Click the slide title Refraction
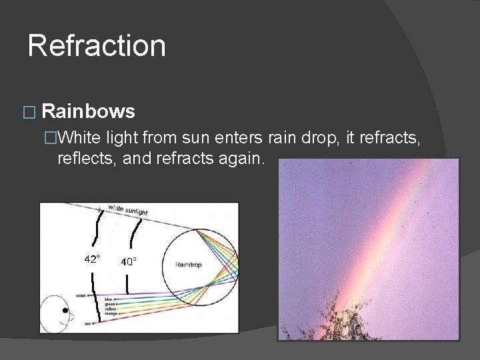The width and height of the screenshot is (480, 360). click(97, 46)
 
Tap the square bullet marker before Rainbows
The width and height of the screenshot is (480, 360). click(27, 112)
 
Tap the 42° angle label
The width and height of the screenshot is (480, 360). click(92, 259)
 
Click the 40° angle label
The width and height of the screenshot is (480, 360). click(129, 261)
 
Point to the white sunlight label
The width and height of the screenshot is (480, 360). click(127, 209)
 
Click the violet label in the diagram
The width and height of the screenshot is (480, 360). click(81, 295)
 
